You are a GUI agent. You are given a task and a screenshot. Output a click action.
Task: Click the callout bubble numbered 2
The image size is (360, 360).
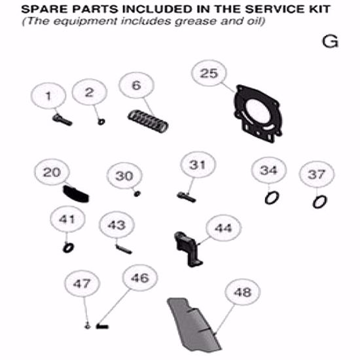(90, 93)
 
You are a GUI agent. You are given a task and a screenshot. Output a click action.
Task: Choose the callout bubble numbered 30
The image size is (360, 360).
(124, 176)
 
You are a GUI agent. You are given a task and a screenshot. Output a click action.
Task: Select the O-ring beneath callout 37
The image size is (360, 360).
(318, 200)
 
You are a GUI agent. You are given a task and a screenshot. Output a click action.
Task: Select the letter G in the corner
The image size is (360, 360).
(330, 42)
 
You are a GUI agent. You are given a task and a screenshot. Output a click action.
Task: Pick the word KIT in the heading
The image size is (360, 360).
(318, 10)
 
